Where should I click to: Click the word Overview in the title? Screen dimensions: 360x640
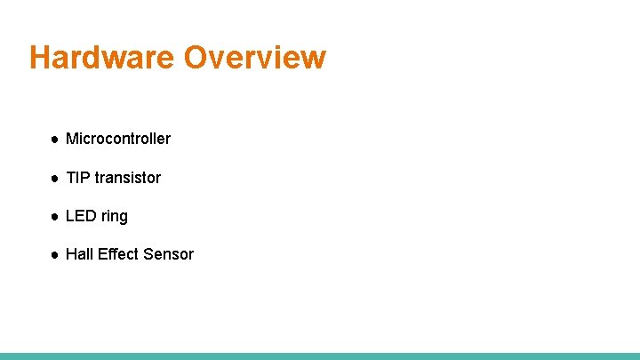click(x=255, y=58)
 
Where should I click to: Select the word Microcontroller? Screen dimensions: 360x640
click(x=118, y=139)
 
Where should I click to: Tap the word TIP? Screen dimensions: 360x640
click(x=78, y=178)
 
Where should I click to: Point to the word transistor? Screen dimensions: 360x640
click(x=128, y=178)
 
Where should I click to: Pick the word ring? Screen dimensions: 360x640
click(x=115, y=217)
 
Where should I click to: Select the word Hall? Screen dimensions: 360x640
click(x=79, y=254)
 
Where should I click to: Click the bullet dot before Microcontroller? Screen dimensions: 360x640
click(x=54, y=140)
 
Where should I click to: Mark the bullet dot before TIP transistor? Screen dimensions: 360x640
click(x=54, y=179)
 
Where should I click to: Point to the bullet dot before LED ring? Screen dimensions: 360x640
click(x=54, y=217)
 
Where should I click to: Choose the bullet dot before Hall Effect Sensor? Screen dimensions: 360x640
click(x=54, y=255)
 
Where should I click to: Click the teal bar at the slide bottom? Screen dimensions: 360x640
click(x=320, y=356)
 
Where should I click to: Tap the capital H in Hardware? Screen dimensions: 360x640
click(x=40, y=58)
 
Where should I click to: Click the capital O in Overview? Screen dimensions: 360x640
click(x=197, y=58)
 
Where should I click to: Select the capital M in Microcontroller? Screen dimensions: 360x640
click(x=72, y=139)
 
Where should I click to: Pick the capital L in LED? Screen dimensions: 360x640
click(x=70, y=216)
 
